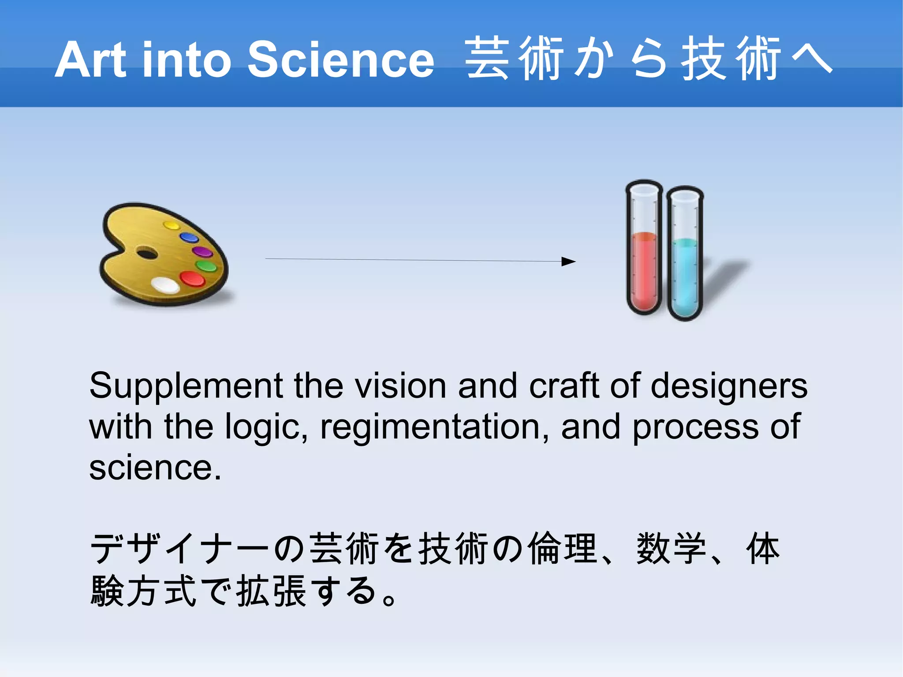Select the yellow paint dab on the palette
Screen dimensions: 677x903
click(x=171, y=225)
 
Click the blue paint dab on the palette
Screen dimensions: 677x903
click(x=190, y=238)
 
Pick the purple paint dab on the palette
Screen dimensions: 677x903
click(x=203, y=252)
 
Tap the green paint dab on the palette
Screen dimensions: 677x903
click(x=206, y=266)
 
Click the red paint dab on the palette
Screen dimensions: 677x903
click(x=192, y=279)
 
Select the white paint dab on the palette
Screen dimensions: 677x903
click(x=165, y=285)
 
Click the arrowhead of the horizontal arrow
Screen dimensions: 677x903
click(x=569, y=262)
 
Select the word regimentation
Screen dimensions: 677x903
click(x=435, y=427)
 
